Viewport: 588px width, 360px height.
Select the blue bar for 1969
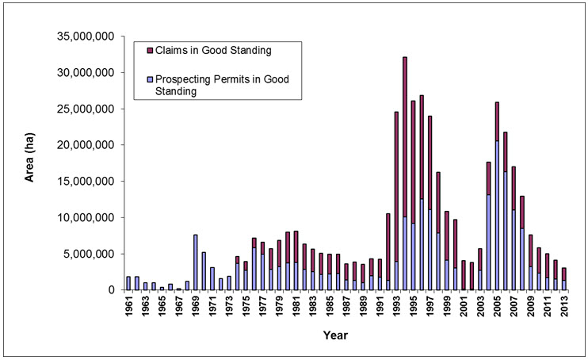pos(195,262)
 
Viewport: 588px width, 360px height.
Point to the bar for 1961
pos(129,283)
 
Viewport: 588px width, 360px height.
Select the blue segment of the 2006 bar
pos(506,231)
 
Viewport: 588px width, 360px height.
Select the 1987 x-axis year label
pos(347,308)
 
